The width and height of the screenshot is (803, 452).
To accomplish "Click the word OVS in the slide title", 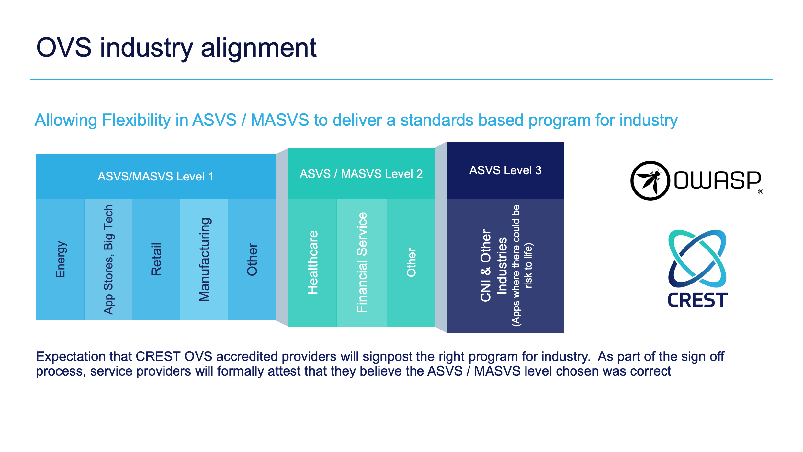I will (x=64, y=48).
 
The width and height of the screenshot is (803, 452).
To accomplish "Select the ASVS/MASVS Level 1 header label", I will (x=155, y=177).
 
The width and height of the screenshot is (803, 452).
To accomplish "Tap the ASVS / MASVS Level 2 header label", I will (x=361, y=174).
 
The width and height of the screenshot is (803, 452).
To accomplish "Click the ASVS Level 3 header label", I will (x=505, y=170).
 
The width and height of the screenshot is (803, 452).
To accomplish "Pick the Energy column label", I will (x=60, y=259).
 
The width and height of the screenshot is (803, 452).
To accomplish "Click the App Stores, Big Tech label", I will (x=108, y=259).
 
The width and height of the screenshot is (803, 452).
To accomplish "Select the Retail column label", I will (x=156, y=259).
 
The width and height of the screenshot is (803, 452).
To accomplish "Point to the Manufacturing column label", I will (x=204, y=259).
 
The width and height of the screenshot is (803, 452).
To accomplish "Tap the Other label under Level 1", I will (x=252, y=259).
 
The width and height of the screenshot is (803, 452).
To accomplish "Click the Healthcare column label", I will (x=312, y=262).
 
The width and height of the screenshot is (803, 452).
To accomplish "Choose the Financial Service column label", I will (x=362, y=262).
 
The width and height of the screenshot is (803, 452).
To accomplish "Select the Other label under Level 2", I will (x=411, y=262).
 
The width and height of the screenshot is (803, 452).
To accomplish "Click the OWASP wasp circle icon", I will (x=650, y=180).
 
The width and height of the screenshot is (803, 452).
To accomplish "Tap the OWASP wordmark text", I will (x=717, y=180).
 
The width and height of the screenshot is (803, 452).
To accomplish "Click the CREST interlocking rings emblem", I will (x=697, y=258).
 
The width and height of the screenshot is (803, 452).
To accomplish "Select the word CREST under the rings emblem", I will (x=697, y=300).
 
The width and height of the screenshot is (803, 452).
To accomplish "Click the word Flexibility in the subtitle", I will (x=136, y=120).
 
